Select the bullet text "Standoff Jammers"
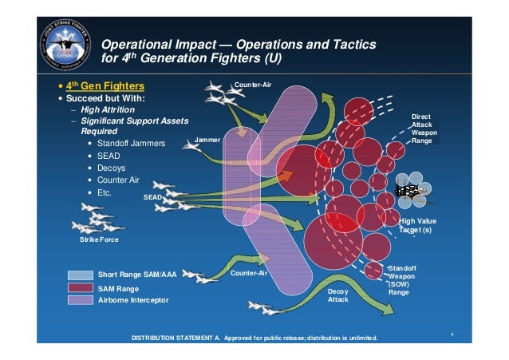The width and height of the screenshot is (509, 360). (131, 143)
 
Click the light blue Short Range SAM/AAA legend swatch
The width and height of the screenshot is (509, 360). (81, 274)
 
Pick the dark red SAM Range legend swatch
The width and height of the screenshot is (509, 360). (81, 287)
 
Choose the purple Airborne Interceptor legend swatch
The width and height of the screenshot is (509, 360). (81, 300)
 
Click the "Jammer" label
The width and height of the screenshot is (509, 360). (207, 140)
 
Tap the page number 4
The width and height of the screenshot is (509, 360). (452, 334)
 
